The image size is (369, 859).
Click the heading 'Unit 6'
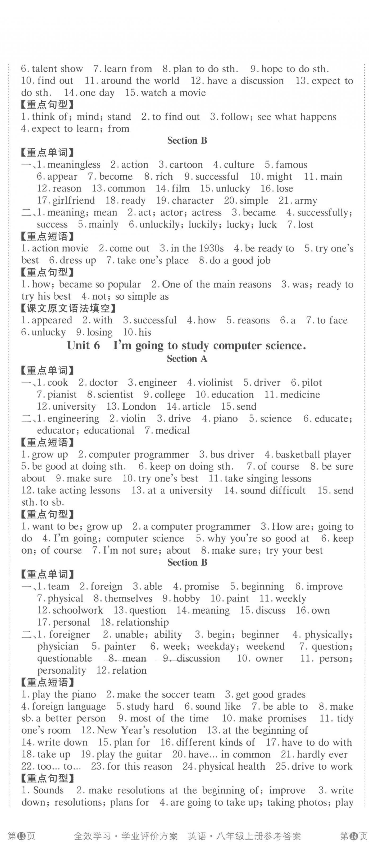click(x=83, y=345)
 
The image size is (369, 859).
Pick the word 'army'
click(x=306, y=200)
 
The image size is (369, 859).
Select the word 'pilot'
click(x=312, y=382)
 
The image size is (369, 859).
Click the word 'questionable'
click(x=64, y=658)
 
